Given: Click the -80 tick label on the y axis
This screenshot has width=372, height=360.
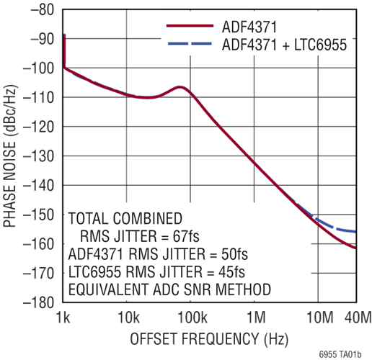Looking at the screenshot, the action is (42, 10).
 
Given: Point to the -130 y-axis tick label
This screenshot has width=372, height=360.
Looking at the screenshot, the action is (38, 156).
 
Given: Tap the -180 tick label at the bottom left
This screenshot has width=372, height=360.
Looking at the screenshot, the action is (38, 303).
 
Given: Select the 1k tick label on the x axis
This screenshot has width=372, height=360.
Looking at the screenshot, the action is (63, 318).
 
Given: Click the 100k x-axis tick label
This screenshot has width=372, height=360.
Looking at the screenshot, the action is (192, 318).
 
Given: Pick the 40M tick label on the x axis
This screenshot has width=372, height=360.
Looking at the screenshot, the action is (358, 318).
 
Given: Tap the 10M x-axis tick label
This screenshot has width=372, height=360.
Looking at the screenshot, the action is (320, 318).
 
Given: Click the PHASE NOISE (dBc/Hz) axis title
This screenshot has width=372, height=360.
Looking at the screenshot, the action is (10, 156).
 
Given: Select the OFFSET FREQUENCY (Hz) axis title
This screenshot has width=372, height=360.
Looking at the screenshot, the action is (209, 339).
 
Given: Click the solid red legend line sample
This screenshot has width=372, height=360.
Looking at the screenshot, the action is (190, 26).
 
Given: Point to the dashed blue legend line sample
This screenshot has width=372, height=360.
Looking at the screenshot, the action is (190, 43).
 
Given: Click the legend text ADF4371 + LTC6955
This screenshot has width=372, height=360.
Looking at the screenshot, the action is (285, 45).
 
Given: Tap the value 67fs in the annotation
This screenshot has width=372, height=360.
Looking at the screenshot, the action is (186, 236).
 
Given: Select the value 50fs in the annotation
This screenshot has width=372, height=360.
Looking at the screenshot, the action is (234, 254).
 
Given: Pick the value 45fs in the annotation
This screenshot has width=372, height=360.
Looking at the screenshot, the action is (231, 271).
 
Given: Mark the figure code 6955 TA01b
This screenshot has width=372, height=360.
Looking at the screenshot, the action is (340, 354).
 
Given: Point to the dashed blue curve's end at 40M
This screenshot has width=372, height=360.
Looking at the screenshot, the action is (355, 232).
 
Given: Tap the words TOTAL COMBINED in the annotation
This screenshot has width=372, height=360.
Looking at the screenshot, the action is (125, 218).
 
